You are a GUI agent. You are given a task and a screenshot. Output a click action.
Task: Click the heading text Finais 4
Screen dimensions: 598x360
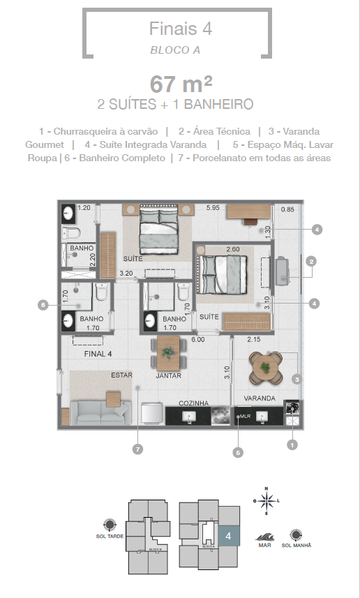tap(180, 29)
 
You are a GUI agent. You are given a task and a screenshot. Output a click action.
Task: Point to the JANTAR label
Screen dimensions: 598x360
tap(169, 375)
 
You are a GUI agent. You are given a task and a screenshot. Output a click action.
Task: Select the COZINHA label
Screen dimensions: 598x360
tap(194, 403)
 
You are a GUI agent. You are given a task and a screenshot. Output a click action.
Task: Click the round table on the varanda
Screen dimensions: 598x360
tap(266, 365)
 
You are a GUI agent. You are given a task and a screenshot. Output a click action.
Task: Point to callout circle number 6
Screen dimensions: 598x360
tap(43, 304)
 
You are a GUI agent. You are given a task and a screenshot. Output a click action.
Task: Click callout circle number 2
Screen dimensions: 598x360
tap(312, 261)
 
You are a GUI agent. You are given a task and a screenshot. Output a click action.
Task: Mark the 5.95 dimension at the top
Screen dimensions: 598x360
tap(213, 207)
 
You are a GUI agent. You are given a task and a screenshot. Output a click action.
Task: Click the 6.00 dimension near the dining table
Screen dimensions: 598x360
tap(198, 340)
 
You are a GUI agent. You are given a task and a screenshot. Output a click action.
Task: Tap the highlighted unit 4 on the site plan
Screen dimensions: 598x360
tap(228, 536)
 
